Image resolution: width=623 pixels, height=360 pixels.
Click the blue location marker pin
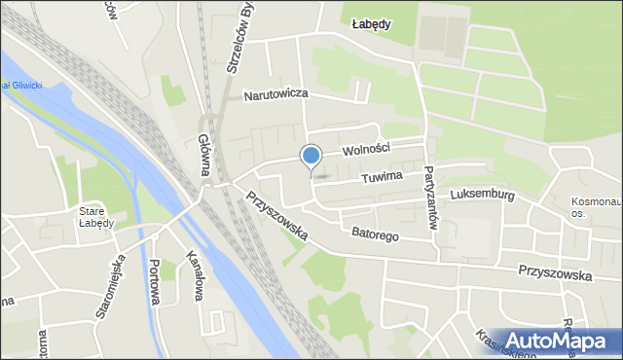[311, 156]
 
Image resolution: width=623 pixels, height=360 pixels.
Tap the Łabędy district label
[372, 25]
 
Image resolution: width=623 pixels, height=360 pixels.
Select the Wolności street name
[366, 148]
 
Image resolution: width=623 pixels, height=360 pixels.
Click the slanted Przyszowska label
[277, 213]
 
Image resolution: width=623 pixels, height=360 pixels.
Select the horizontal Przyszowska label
[556, 274]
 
